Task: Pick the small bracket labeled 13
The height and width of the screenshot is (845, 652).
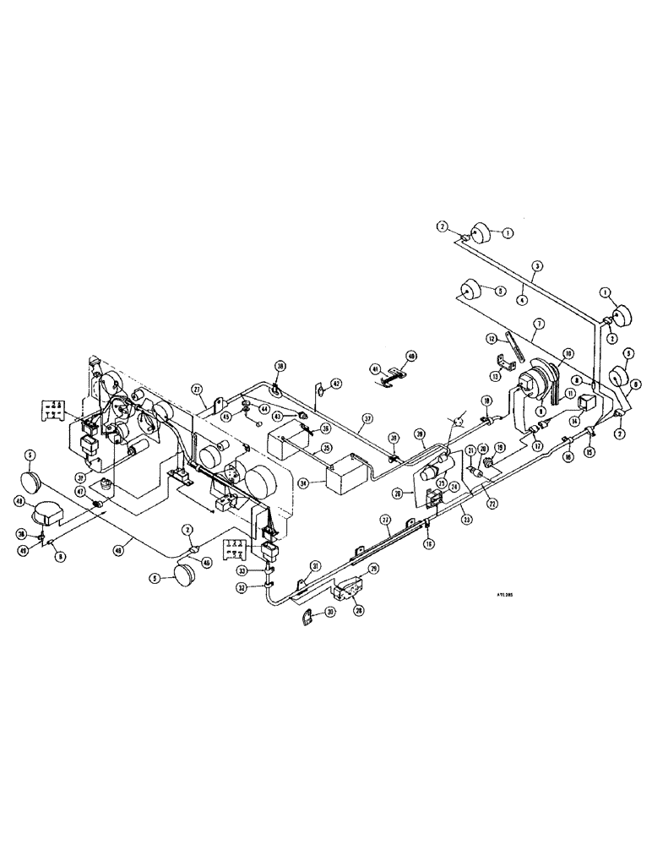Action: pos(504,364)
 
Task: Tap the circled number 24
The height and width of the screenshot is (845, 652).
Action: pos(453,485)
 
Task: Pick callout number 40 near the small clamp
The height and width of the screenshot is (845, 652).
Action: pos(411,356)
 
